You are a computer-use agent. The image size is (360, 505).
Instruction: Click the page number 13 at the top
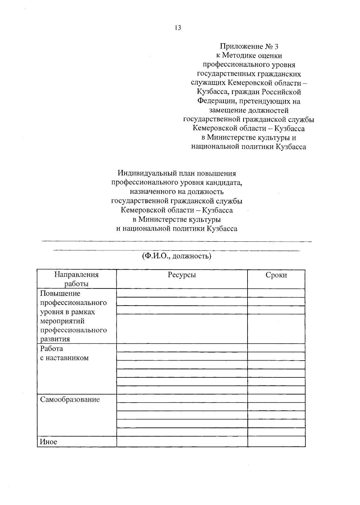pos(178,28)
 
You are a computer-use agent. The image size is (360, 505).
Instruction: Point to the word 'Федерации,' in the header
pos(217,101)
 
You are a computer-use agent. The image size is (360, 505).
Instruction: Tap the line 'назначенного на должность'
pos(177,192)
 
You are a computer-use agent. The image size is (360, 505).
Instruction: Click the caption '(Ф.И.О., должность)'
pos(177,256)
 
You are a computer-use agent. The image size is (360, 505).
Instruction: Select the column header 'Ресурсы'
pos(182,275)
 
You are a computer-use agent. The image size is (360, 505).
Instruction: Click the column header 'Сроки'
pos(276,275)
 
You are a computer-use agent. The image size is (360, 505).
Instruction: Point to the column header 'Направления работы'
pos(76,279)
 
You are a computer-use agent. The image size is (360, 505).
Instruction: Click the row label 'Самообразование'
pos(70,399)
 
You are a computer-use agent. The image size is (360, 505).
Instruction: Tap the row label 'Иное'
pos(48,442)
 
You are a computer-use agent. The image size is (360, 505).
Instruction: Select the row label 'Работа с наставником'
pos(64,353)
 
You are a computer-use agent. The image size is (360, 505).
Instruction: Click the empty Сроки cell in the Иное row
pos(276,441)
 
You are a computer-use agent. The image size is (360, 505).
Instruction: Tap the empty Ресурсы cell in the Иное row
pos(182,441)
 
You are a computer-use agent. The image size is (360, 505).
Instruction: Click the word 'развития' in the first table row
pos(55,339)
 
